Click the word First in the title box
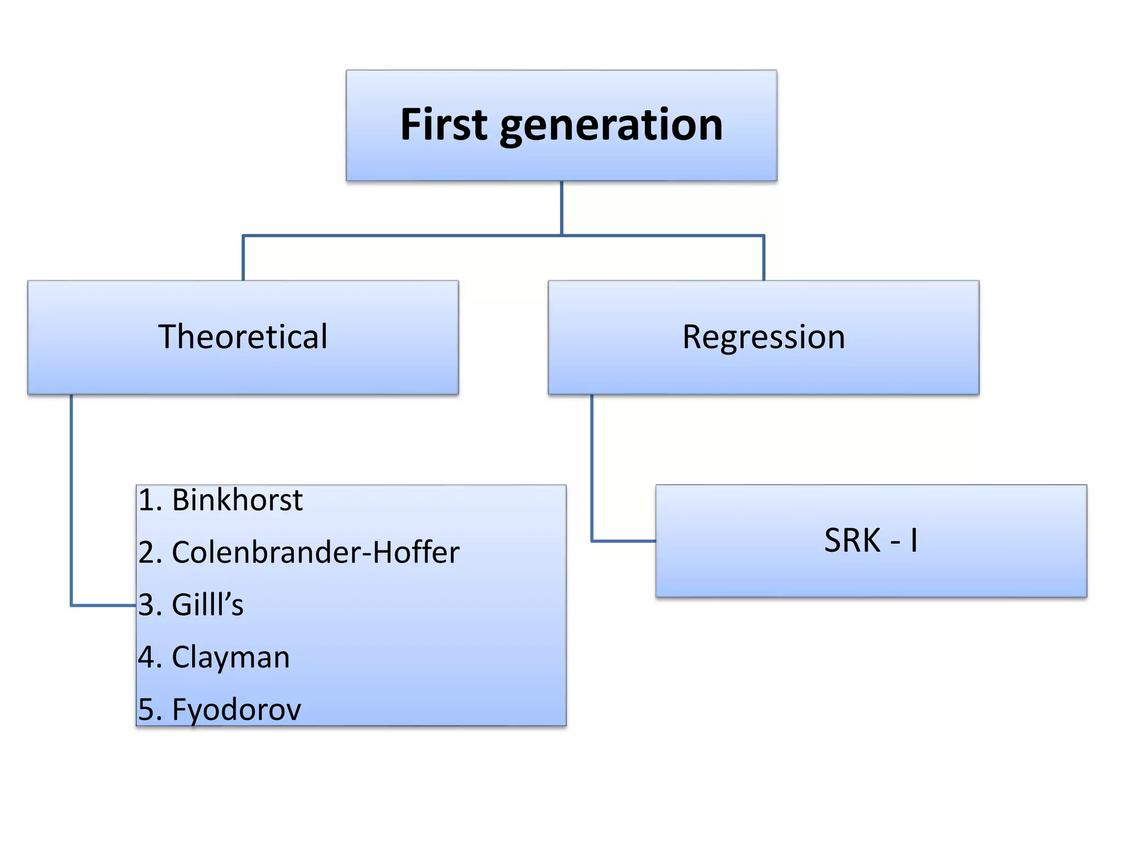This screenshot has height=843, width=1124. tap(444, 125)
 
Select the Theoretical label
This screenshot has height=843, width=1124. tap(243, 336)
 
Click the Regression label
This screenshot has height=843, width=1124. tap(763, 336)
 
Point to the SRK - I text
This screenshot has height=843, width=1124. tap(870, 540)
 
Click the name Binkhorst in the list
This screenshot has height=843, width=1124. tap(237, 500)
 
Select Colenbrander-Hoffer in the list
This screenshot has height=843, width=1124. tap(316, 552)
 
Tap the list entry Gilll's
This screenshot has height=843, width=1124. tap(207, 605)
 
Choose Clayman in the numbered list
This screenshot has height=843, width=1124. tap(231, 657)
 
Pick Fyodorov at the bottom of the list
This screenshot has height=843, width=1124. tap(237, 709)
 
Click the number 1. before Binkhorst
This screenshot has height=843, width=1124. tap(150, 500)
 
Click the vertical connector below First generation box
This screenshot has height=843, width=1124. tap(561, 207)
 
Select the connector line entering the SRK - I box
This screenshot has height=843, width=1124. tap(623, 541)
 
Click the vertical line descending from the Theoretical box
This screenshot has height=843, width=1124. tap(71, 494)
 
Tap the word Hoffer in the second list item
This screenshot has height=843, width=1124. tap(416, 552)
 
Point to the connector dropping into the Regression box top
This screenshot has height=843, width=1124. tap(763, 258)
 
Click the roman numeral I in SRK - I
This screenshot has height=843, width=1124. tap(913, 540)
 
